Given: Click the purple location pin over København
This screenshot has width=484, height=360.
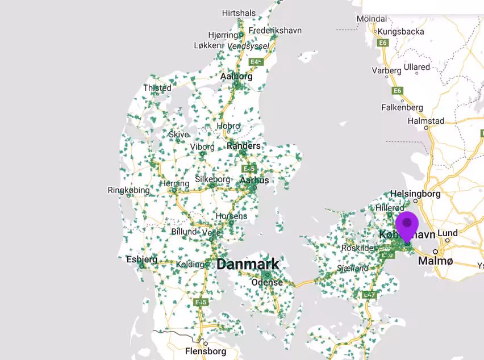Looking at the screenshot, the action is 407,224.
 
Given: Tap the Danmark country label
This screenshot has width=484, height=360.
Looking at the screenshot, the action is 248,264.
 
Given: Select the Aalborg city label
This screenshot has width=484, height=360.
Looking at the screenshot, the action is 236,76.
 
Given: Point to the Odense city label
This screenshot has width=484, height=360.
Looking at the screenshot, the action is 267,282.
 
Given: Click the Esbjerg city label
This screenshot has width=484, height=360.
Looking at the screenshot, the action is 142,259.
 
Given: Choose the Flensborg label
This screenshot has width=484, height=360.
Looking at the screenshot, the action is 206,351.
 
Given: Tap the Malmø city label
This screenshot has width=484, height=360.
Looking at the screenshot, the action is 436,261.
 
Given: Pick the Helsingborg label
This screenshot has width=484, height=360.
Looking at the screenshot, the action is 416,194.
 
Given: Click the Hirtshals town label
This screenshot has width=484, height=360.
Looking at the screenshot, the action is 239,12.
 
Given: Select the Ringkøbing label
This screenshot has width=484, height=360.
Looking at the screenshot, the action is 129,190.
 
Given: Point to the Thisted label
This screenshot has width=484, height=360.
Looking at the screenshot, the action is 157,88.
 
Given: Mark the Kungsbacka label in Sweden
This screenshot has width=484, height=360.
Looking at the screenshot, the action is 401,31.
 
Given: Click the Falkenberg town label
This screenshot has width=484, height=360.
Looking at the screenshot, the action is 402,107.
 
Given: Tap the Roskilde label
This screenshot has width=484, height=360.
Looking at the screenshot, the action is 357,248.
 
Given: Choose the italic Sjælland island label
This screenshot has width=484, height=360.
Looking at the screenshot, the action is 352,268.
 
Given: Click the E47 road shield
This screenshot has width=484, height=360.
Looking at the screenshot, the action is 369,295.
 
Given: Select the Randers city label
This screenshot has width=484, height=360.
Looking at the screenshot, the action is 244,146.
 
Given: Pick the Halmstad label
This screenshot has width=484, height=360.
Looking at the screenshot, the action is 426,121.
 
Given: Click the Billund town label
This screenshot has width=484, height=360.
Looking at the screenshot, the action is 184,232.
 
